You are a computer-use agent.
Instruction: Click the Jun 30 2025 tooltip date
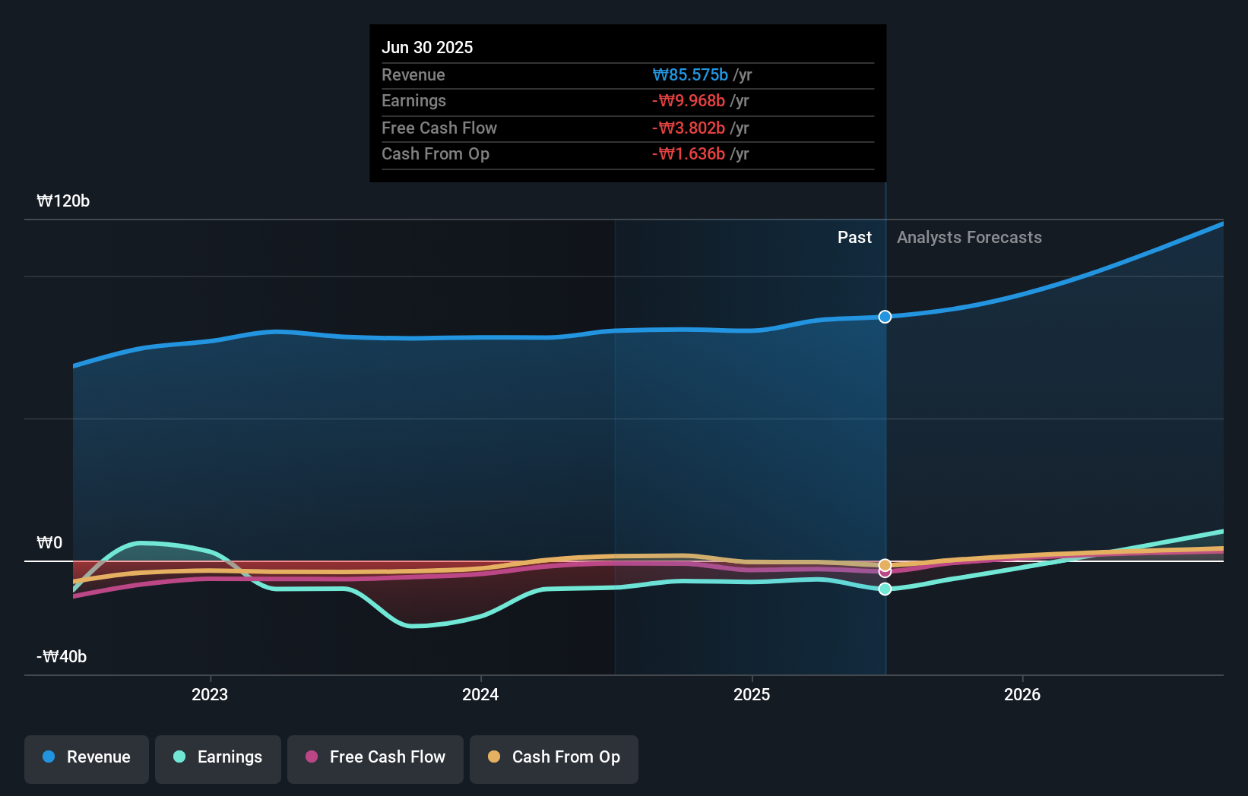[x=427, y=47]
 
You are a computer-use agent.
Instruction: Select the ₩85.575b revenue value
[x=690, y=74]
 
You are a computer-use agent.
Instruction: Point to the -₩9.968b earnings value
[x=689, y=101]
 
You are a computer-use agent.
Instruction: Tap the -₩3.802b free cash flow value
[x=689, y=128]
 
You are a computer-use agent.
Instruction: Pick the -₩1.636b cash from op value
[x=689, y=154]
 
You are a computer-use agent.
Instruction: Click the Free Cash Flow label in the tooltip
[x=439, y=128]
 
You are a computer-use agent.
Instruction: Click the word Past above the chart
[x=854, y=237]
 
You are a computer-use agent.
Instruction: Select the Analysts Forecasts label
[x=969, y=237]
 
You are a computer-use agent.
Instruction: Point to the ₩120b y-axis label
[x=63, y=201]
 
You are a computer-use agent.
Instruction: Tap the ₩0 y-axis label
[x=49, y=542]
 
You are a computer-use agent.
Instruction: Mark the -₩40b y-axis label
[x=62, y=656]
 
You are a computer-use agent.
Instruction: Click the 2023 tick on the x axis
[x=210, y=694]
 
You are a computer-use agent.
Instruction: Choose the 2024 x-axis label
[x=480, y=694]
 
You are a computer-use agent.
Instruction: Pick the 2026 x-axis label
[x=1022, y=694]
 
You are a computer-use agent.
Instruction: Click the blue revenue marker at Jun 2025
[x=885, y=317]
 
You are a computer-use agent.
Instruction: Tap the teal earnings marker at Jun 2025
[x=885, y=589]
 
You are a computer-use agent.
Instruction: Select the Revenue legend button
[x=87, y=757]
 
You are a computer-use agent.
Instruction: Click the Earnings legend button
[x=218, y=757]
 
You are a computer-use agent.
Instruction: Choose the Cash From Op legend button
[x=554, y=757]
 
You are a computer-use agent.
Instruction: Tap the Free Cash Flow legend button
[x=375, y=757]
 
